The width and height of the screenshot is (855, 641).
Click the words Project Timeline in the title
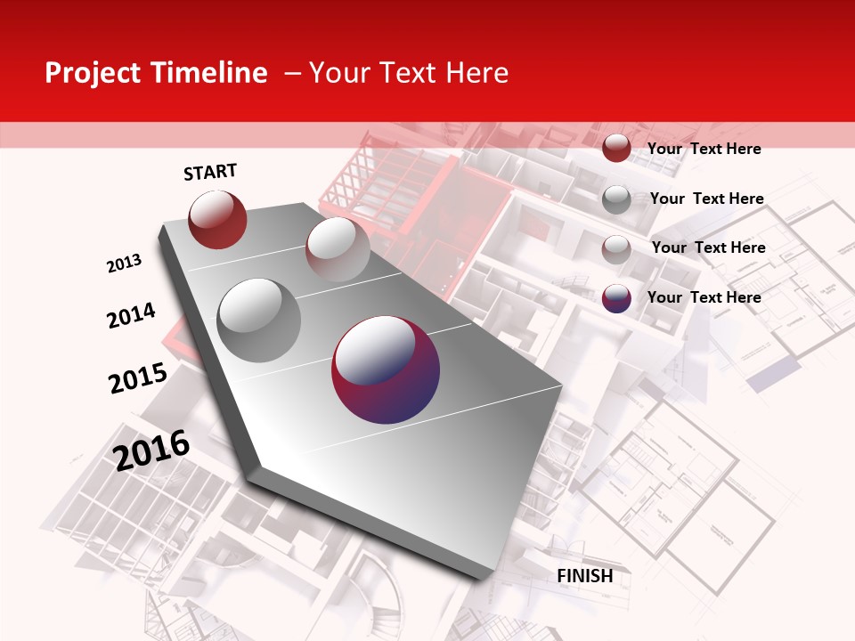[156, 73]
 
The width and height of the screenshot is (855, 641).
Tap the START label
[210, 172]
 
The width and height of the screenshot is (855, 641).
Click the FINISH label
[585, 576]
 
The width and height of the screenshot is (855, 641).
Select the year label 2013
[124, 264]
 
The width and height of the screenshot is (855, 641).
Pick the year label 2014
[131, 315]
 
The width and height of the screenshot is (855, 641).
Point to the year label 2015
[137, 378]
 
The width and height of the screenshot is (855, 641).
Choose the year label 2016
[151, 450]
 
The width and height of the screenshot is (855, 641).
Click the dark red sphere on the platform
[217, 219]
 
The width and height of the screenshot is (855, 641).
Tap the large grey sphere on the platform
[258, 320]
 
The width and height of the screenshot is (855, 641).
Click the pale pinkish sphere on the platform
[338, 248]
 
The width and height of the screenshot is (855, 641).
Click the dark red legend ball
[616, 149]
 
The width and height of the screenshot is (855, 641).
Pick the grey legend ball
[616, 199]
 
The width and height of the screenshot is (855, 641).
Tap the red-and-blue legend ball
[616, 298]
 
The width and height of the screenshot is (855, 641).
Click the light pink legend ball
[616, 248]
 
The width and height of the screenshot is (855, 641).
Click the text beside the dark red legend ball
[704, 149]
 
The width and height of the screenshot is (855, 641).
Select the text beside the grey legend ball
[706, 199]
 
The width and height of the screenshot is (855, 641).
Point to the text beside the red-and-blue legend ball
[704, 297]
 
